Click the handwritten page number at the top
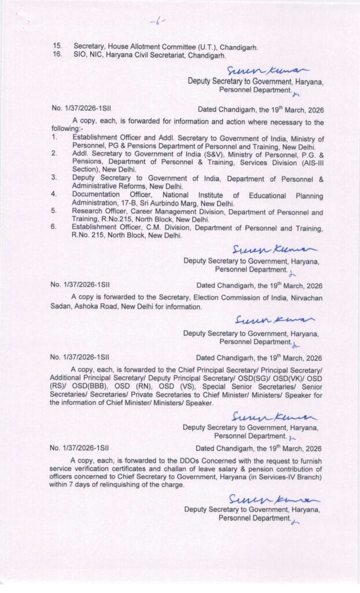[x=157, y=23]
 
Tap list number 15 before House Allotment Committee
[x=57, y=45]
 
